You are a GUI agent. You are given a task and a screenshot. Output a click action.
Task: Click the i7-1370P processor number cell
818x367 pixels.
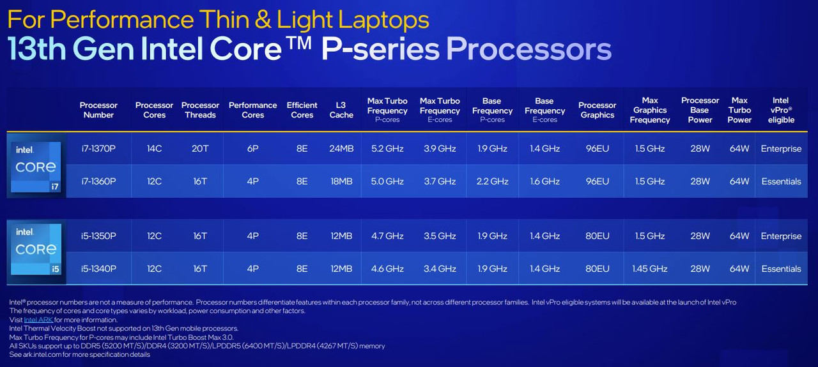point(98,149)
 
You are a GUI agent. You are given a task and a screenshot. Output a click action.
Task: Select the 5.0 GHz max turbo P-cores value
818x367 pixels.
point(387,181)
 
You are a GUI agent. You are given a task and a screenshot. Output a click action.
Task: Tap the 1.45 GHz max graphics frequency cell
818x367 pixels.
point(650,269)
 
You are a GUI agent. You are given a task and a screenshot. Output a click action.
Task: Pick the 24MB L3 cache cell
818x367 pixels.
point(341,149)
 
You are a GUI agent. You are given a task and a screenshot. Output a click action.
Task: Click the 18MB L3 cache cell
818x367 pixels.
point(341,181)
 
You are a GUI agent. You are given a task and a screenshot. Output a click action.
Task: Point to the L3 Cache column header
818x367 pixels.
point(341,110)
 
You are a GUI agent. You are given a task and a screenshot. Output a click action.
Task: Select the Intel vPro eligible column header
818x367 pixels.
point(781,110)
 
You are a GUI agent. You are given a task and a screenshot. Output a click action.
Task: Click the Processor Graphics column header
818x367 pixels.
point(597,110)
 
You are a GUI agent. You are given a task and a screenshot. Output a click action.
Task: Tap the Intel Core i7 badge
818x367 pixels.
point(36,167)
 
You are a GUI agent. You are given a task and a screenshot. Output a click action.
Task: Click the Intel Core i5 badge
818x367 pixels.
point(36,249)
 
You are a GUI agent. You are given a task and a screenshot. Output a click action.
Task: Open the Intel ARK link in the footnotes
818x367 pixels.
point(38,320)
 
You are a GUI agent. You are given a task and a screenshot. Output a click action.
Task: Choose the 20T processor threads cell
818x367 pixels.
point(200,149)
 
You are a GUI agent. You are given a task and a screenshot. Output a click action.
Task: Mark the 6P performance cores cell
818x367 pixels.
point(252,149)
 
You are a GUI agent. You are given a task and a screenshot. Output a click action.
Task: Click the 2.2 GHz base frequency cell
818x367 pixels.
point(492,181)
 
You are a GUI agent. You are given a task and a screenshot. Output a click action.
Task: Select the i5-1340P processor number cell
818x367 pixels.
point(98,269)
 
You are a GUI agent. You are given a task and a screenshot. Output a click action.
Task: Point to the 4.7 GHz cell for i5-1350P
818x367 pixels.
point(387,236)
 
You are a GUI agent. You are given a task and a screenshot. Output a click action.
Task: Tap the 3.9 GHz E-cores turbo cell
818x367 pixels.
point(440,149)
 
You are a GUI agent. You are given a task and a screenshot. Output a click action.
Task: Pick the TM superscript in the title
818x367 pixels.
point(298,43)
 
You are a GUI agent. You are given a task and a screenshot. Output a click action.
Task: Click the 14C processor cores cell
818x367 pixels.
point(154,149)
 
